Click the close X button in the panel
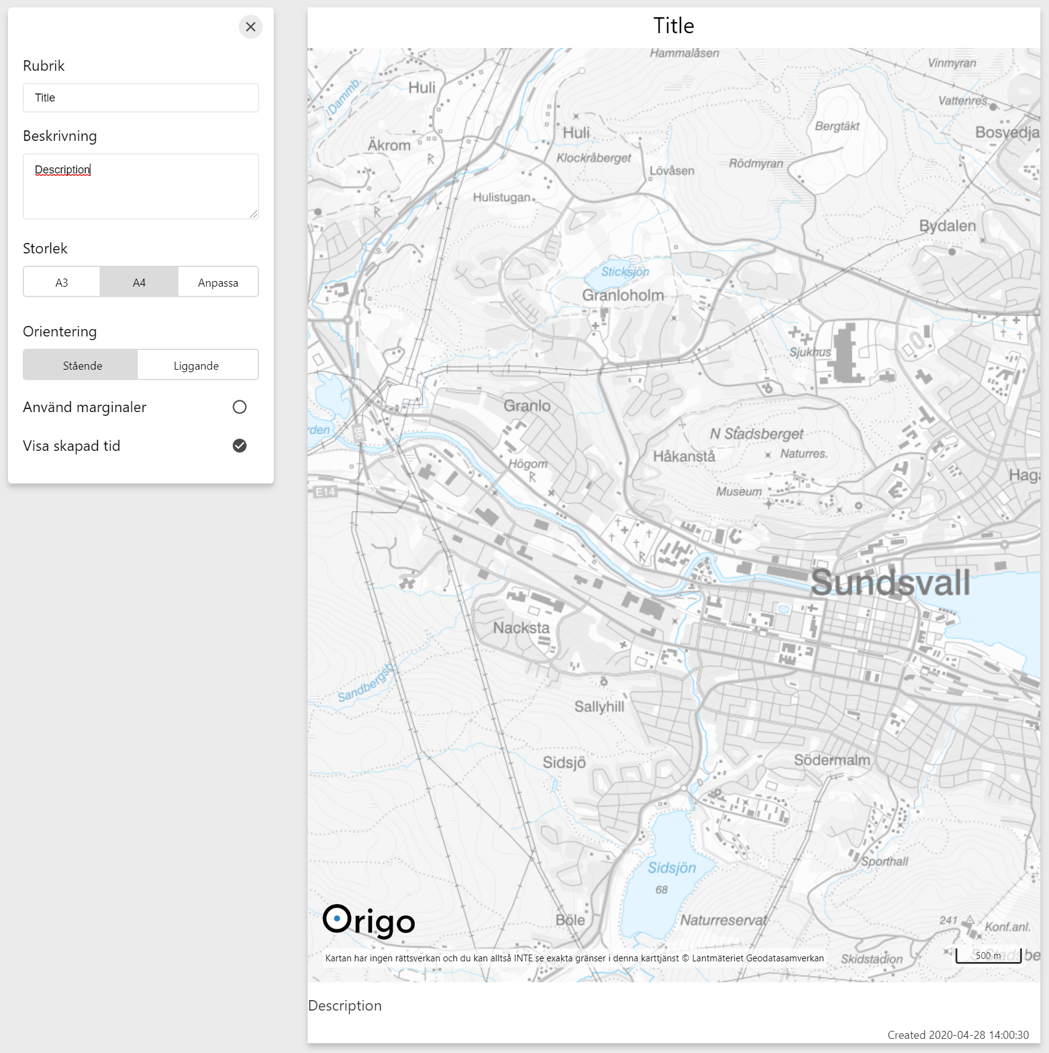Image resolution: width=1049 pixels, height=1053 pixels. coord(250,27)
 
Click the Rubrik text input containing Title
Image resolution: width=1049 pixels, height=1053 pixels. coord(141,98)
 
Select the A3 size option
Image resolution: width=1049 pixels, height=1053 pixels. coord(62,282)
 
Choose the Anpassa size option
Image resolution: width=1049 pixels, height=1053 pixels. coord(218,282)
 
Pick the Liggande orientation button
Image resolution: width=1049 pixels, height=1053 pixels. coord(196,365)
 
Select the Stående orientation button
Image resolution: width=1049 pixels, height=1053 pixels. coord(82,365)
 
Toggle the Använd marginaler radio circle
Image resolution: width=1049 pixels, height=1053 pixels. coord(239,407)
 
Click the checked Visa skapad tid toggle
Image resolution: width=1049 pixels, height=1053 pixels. coord(239,446)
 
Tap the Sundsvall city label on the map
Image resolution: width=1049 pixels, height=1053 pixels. coord(890,582)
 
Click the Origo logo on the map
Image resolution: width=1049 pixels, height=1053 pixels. coord(369,921)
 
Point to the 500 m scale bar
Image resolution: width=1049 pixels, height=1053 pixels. coord(988,956)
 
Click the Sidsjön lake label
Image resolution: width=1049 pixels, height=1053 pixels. coord(671,868)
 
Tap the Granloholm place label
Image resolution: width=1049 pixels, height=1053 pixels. coord(623,295)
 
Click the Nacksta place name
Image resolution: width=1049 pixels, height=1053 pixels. coord(521,628)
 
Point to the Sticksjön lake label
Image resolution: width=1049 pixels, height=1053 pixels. coord(625,272)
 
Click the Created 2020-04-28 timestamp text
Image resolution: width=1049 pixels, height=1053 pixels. coord(958,1035)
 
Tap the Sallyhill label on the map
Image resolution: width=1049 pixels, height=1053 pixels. coord(599,707)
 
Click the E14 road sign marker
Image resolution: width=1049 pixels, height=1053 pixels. coord(325,491)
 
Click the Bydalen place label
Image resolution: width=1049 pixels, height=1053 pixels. coord(947,226)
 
